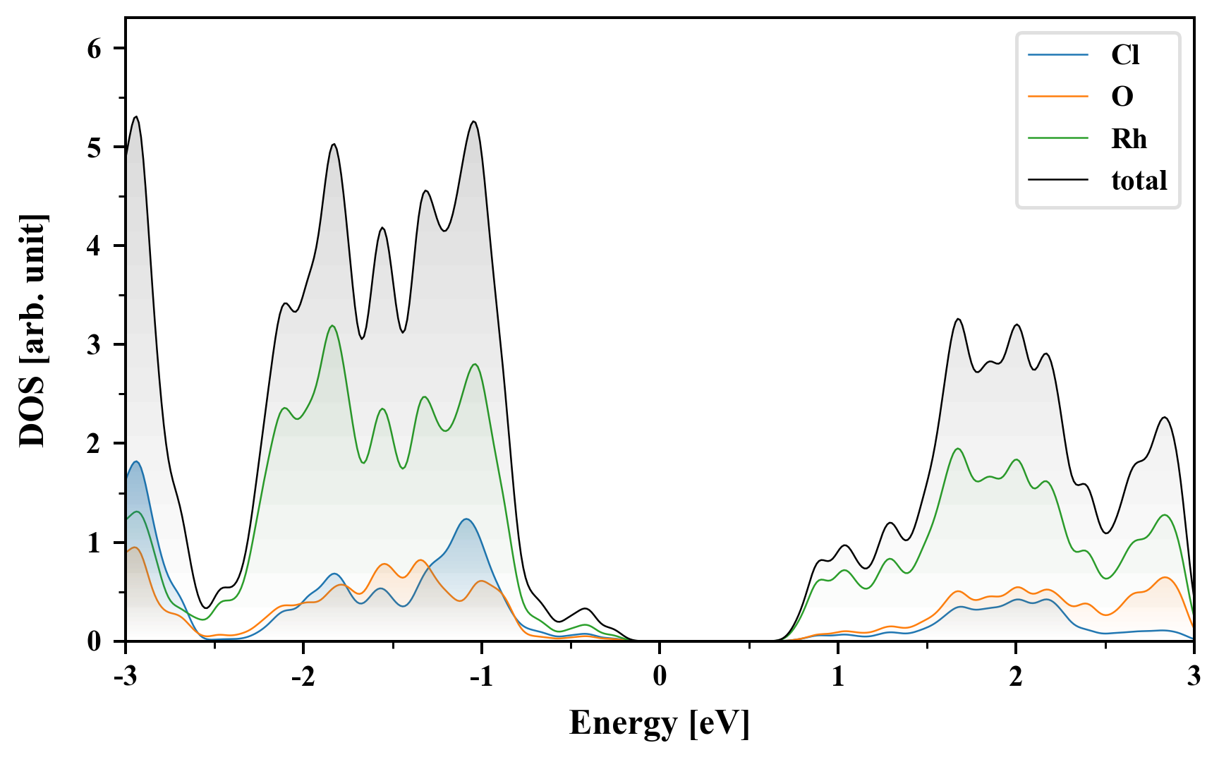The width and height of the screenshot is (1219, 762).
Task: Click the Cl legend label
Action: (x=1124, y=55)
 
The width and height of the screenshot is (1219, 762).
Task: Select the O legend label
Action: (x=1122, y=97)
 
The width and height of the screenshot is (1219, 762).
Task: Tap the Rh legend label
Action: (x=1129, y=138)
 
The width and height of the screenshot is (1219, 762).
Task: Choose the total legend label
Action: (x=1139, y=181)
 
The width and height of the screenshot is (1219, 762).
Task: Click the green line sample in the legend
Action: (x=1057, y=138)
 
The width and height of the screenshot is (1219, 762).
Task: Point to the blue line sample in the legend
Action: (x=1057, y=55)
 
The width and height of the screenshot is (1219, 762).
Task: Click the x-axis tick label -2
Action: (x=303, y=676)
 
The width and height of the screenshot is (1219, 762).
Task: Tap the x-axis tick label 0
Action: (x=660, y=676)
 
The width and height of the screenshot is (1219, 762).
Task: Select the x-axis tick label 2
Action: (x=1016, y=676)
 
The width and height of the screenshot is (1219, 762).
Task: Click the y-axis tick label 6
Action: (x=95, y=49)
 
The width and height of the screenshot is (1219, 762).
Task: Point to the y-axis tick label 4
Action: (x=95, y=246)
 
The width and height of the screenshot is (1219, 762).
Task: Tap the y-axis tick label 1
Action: (x=95, y=543)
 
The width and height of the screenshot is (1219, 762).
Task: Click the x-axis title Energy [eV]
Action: (x=660, y=723)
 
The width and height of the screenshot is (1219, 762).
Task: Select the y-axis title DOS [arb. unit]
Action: (x=32, y=330)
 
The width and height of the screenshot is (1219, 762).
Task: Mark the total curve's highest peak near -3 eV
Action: (x=136, y=117)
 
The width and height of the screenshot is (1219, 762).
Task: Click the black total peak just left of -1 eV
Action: (x=473, y=122)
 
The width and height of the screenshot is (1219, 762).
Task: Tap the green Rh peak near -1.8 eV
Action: (x=332, y=326)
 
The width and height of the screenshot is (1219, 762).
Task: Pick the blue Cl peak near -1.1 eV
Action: (x=466, y=519)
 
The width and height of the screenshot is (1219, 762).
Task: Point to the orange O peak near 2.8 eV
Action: (x=1165, y=578)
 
